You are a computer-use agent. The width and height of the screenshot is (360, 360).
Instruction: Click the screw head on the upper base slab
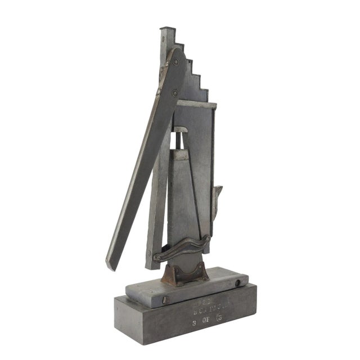(x=237, y=282)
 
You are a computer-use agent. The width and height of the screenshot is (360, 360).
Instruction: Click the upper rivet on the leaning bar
(x=164, y=70)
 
